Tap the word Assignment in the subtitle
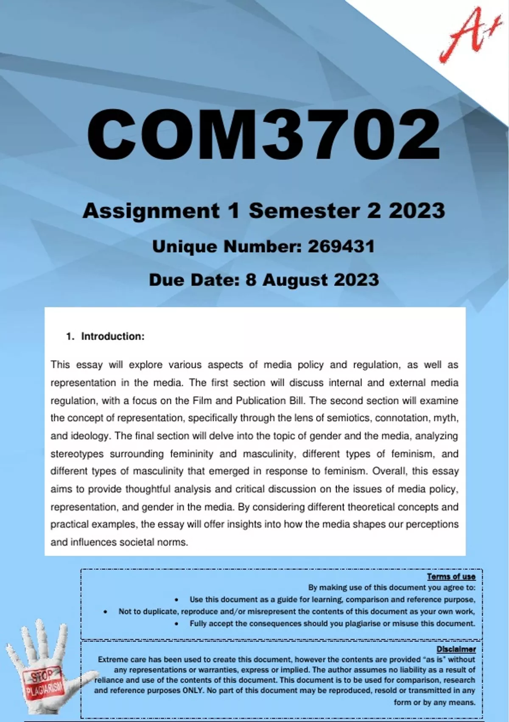[151, 211]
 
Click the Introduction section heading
[112, 336]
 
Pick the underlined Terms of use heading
[451, 576]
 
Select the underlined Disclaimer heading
[456, 649]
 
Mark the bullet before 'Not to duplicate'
[105, 612]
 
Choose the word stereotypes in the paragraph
[77, 454]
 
